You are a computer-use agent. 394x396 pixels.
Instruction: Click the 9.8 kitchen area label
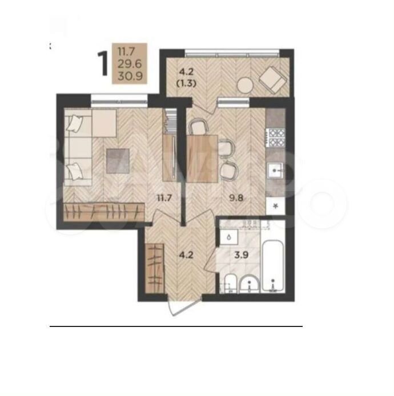(x=236, y=198)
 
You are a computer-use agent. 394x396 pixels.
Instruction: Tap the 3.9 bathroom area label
(x=242, y=255)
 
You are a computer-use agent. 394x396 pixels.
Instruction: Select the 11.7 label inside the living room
(x=164, y=198)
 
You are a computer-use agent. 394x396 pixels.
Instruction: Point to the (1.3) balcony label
(x=186, y=84)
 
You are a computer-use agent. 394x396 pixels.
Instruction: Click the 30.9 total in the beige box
(x=130, y=76)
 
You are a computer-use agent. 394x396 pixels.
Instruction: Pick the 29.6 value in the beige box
(x=130, y=64)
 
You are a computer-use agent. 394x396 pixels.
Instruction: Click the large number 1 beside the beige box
(x=103, y=63)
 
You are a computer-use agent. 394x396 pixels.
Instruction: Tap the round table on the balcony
(x=245, y=86)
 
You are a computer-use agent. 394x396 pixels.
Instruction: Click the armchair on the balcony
(x=273, y=79)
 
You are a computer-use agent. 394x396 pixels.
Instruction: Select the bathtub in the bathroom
(x=272, y=266)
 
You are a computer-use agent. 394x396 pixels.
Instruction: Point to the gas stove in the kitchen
(x=275, y=138)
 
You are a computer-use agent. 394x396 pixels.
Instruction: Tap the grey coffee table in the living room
(x=118, y=161)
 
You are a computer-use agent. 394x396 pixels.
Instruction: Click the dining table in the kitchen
(x=202, y=159)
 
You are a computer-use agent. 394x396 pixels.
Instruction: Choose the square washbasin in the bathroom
(x=229, y=237)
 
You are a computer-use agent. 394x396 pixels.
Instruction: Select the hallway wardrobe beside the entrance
(x=155, y=268)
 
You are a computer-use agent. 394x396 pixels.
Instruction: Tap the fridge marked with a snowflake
(x=276, y=206)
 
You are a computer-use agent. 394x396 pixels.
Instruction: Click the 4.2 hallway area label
(x=186, y=255)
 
